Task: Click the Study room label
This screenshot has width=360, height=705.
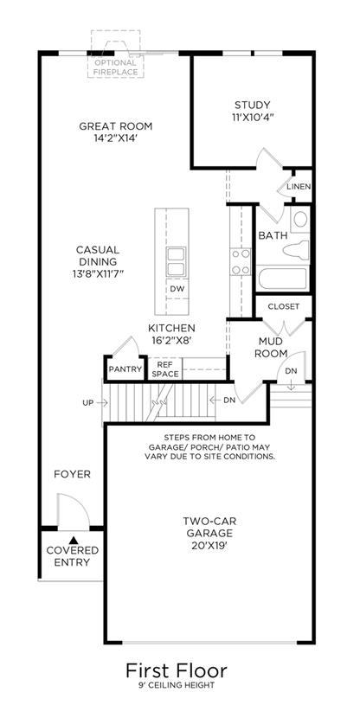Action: pyautogui.click(x=253, y=106)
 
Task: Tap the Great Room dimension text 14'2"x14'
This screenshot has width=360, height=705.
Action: pyautogui.click(x=116, y=138)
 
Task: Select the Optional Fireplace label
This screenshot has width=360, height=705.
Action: pyautogui.click(x=115, y=67)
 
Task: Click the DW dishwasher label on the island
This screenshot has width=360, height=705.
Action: pyautogui.click(x=177, y=289)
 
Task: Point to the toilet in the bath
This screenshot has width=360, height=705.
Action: pyautogui.click(x=296, y=249)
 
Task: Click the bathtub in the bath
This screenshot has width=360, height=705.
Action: pyautogui.click(x=283, y=278)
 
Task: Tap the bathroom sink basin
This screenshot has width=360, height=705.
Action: pyautogui.click(x=300, y=220)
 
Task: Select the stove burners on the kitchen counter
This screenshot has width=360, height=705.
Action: pyautogui.click(x=241, y=262)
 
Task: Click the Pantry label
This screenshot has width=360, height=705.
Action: pyautogui.click(x=125, y=369)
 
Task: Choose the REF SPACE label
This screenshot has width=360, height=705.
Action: pyautogui.click(x=164, y=369)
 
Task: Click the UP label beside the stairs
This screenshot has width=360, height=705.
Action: pyautogui.click(x=87, y=403)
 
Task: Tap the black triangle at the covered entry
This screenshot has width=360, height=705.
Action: pyautogui.click(x=74, y=540)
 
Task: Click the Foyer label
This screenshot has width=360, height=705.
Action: pyautogui.click(x=72, y=474)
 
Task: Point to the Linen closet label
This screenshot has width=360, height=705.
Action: pyautogui.click(x=299, y=186)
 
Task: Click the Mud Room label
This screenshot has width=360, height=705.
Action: pyautogui.click(x=271, y=348)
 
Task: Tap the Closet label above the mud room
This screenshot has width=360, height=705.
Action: pyautogui.click(x=284, y=306)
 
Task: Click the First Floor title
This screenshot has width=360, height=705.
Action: pyautogui.click(x=176, y=670)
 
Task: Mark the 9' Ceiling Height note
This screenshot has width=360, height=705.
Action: pyautogui.click(x=176, y=686)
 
